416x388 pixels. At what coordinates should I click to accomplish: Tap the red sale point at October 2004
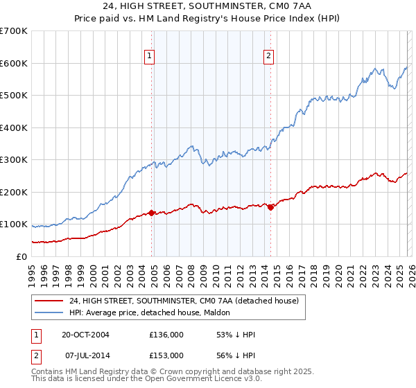pos(151,213)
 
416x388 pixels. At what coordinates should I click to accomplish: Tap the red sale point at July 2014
pos(270,207)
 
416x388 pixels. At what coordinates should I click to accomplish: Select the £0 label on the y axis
pos(21,256)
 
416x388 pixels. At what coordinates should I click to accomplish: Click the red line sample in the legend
pos(49,301)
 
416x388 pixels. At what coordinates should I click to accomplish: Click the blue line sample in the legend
pos(49,312)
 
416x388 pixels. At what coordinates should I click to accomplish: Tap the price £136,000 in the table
pos(166,335)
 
